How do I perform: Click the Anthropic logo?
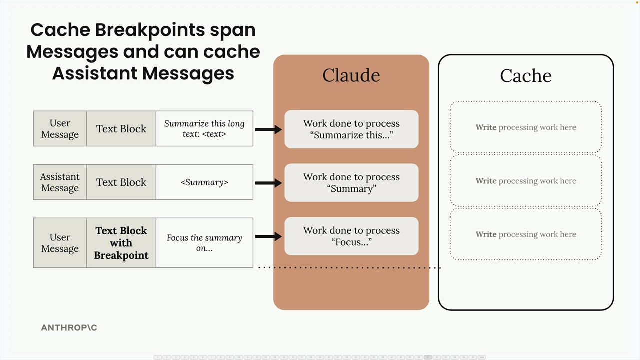tap(69, 328)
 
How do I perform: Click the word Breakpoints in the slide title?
tap(150, 30)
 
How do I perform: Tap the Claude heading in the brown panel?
tap(351, 75)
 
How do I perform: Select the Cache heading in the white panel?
tap(525, 76)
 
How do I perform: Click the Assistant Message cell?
tap(60, 182)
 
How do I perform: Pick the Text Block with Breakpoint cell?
tap(121, 243)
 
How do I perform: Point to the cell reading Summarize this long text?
tap(204, 129)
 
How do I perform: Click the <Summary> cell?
tap(204, 182)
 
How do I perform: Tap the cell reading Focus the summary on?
tap(204, 243)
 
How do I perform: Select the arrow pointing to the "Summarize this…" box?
tap(268, 129)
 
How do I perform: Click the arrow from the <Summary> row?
tap(268, 183)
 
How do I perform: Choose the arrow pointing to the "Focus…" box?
tap(268, 236)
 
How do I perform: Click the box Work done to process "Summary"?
tap(351, 183)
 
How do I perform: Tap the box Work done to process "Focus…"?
tap(351, 236)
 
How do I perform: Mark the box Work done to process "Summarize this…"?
tap(351, 129)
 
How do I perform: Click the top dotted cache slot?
tap(526, 127)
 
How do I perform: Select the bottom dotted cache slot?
tap(526, 234)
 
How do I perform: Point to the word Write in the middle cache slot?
tap(486, 181)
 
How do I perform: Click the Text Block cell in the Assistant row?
tap(121, 182)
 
